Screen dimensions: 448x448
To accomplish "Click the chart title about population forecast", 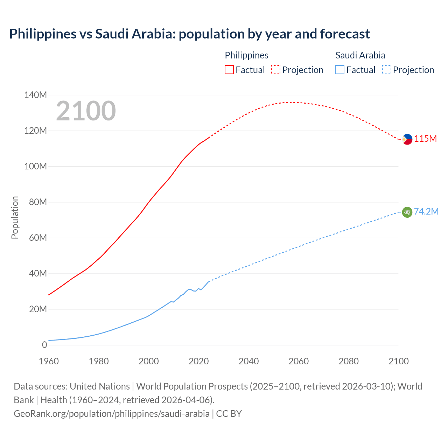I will (x=189, y=34).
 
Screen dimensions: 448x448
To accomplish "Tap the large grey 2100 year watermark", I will (x=86, y=111).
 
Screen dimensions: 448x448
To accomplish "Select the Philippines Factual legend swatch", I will (x=229, y=70).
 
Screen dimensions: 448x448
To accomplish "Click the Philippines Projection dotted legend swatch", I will (x=276, y=70).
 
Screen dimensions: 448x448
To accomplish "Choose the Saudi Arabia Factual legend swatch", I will (x=339, y=70).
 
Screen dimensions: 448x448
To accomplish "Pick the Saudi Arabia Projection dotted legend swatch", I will (x=386, y=70).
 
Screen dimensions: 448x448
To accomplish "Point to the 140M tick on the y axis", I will (x=35, y=95).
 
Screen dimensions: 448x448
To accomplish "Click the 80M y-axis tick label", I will (x=35, y=202).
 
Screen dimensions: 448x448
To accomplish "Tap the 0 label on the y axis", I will (x=44, y=345).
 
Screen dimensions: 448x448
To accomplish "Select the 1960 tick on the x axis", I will (x=49, y=361).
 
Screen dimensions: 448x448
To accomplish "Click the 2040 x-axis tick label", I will (x=248, y=361).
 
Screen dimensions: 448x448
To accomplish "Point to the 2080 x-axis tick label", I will (x=349, y=361).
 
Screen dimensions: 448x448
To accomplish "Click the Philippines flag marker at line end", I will (x=407, y=139).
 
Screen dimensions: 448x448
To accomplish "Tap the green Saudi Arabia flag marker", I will (x=407, y=212).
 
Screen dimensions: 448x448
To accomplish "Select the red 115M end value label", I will (x=426, y=139).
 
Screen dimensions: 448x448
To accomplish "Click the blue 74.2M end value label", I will (x=426, y=211).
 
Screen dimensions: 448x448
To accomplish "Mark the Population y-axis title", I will (x=15, y=217).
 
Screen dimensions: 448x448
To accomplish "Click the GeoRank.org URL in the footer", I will (x=111, y=414).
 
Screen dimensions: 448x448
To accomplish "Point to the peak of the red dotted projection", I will (x=293, y=102).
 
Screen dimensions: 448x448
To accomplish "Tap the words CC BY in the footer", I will (x=229, y=414).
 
